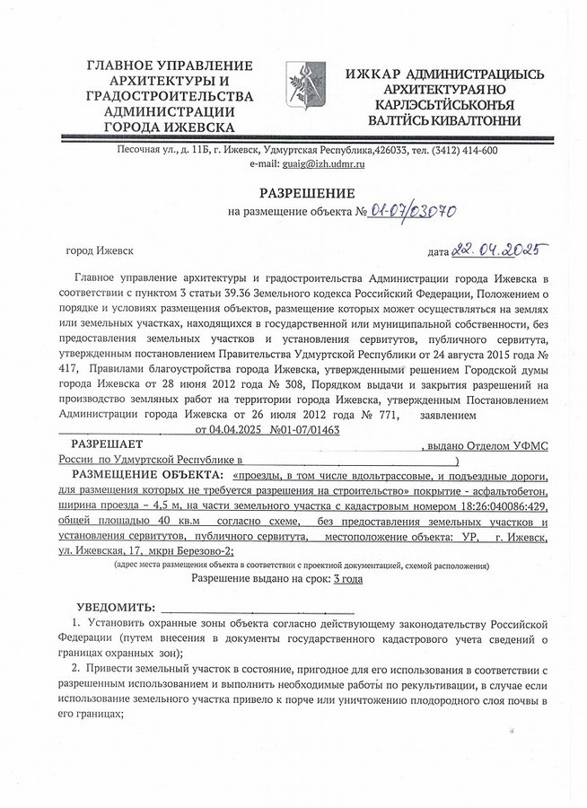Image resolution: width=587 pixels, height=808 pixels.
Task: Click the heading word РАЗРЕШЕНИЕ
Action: click(307, 193)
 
